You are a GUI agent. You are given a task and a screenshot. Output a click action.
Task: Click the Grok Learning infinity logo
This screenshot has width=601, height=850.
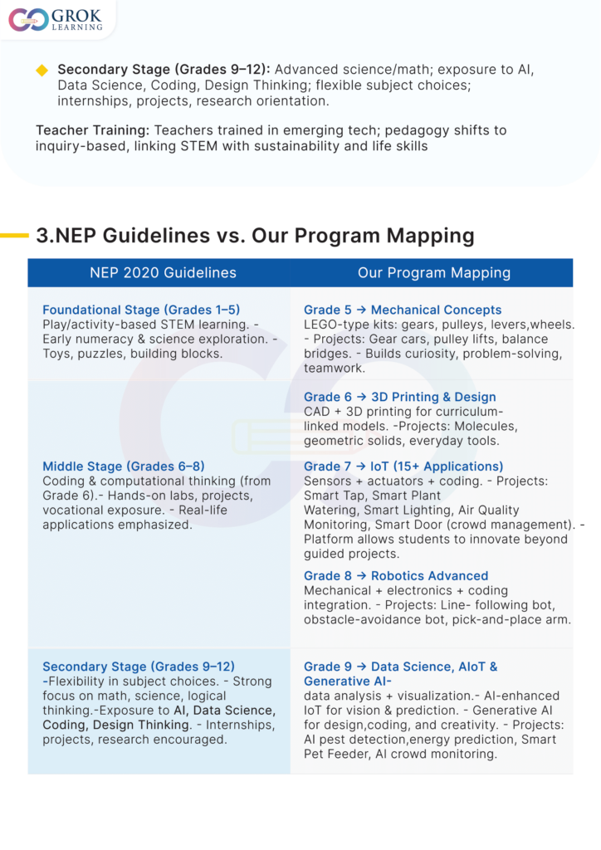[x=28, y=20]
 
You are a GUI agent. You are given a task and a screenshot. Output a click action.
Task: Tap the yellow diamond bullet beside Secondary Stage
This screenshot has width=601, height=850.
[x=42, y=70]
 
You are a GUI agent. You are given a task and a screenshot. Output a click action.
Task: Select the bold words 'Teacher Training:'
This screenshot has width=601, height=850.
[x=93, y=131]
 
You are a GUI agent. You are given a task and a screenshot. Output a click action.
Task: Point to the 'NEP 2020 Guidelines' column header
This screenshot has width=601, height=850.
[x=163, y=273]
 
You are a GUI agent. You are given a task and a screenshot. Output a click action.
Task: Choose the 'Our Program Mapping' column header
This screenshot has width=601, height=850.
[x=434, y=273]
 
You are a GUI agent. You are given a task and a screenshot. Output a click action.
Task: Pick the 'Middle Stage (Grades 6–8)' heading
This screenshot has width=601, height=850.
[x=124, y=467]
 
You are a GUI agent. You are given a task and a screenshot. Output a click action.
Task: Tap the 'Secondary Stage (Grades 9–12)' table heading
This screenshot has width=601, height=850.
[x=139, y=667]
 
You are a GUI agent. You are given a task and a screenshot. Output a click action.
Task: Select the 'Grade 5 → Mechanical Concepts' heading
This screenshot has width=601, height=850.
[x=403, y=310]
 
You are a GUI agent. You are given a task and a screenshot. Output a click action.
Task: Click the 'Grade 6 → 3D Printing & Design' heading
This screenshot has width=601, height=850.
[x=400, y=398]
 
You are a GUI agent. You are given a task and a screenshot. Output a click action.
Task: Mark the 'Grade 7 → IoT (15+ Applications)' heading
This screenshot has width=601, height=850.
[x=403, y=467]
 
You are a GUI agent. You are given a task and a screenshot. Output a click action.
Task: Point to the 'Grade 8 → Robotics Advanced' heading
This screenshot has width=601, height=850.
[x=396, y=576]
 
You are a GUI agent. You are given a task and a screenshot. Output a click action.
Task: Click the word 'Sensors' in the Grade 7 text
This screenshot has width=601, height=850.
[x=328, y=481]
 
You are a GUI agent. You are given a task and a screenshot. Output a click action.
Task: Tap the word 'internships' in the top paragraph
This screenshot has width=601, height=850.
[x=90, y=100]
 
